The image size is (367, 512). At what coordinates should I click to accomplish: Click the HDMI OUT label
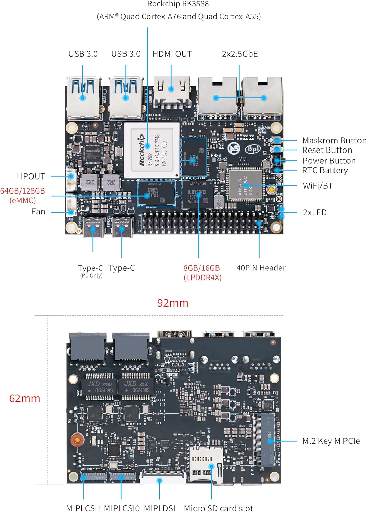click(x=172, y=54)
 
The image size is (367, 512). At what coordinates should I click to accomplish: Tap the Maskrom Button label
click(x=334, y=140)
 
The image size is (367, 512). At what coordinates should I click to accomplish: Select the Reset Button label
click(x=327, y=150)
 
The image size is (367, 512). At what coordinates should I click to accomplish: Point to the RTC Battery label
click(x=325, y=170)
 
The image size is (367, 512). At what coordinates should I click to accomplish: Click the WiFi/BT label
click(x=318, y=186)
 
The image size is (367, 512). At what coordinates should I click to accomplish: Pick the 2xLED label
click(x=315, y=212)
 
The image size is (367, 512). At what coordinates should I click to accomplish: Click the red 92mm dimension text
click(x=173, y=303)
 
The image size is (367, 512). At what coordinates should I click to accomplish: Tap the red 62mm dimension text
click(x=25, y=398)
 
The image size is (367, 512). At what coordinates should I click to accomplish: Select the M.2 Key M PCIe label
click(x=331, y=441)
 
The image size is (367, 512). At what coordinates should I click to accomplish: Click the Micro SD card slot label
click(x=219, y=508)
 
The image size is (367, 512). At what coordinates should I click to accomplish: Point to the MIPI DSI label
click(x=160, y=508)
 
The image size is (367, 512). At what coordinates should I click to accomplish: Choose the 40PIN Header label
click(x=261, y=268)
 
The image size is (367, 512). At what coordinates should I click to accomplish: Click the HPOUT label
click(x=31, y=176)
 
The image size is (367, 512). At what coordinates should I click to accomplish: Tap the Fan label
click(x=38, y=212)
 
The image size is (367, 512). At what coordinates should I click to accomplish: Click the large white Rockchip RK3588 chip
click(x=152, y=150)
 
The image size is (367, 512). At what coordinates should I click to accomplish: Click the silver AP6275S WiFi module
click(x=245, y=185)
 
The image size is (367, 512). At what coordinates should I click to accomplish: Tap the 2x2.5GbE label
click(x=240, y=54)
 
